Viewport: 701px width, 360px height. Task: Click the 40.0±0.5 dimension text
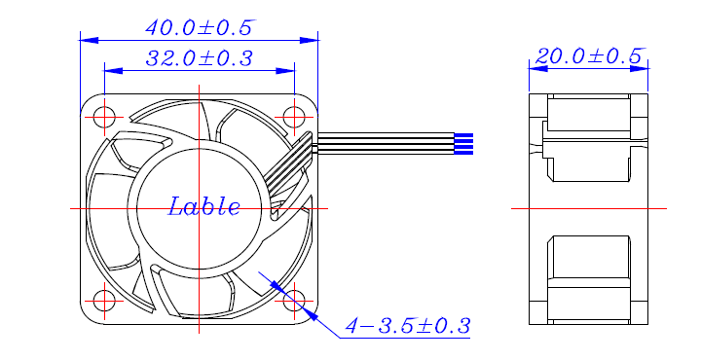point(200,28)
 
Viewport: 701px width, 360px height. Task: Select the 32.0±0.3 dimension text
point(200,58)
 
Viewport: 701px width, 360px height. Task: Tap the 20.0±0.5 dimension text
point(589,56)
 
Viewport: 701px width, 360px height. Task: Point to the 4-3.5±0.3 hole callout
point(408,326)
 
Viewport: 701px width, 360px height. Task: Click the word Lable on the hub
point(203,207)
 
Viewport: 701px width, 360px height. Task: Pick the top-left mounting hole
point(104,118)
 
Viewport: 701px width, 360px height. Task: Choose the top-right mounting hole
point(294,118)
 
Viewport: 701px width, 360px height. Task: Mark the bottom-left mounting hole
point(104,301)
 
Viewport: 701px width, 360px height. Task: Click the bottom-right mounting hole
point(294,301)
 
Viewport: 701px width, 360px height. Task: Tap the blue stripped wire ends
point(463,144)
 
